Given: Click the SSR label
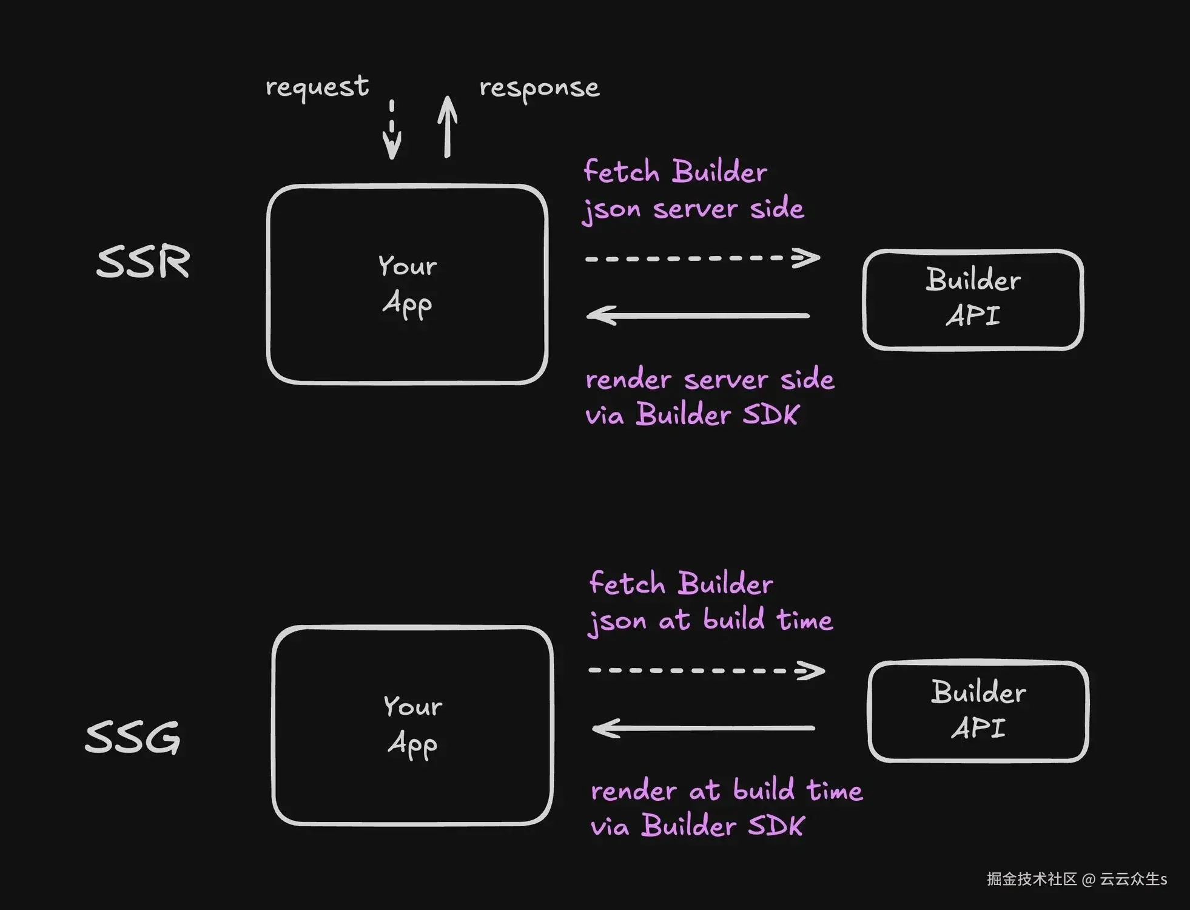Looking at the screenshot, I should [x=143, y=262].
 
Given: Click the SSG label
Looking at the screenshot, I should [x=132, y=737].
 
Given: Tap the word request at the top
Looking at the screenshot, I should [x=317, y=87].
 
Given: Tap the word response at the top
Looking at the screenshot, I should [x=539, y=89].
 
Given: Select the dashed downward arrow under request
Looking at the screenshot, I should [x=392, y=130].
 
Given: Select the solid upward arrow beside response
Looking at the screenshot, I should [x=447, y=127].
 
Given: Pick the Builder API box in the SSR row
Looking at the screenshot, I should [x=973, y=299].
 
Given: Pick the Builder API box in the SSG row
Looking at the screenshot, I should [x=978, y=711].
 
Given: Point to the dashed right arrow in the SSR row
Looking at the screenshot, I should [x=702, y=258].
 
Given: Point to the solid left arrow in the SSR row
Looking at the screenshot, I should [x=698, y=315].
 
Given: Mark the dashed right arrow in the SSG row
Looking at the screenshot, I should [x=707, y=670].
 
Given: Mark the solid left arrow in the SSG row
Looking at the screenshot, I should [x=703, y=728].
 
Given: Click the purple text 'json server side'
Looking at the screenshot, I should [x=693, y=209].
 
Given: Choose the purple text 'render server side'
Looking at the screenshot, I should [x=710, y=380].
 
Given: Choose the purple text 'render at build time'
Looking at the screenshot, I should [x=727, y=791].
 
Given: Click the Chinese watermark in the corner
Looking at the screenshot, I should [x=1077, y=879].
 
